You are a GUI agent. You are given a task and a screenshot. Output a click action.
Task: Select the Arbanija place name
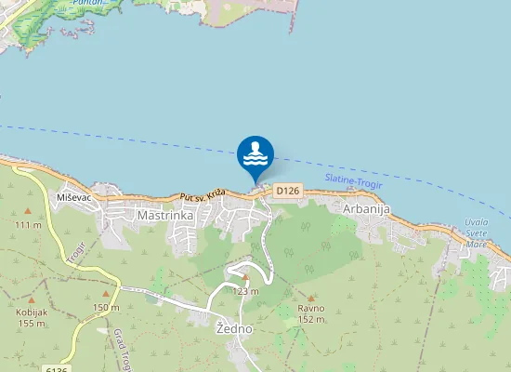[366, 208]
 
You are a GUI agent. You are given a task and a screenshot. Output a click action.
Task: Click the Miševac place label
[73, 198]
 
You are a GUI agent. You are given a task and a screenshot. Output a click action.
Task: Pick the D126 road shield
[288, 191]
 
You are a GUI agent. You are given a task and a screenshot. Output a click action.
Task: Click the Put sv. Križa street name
[203, 196]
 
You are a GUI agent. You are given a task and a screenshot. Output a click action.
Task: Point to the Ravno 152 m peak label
[310, 313]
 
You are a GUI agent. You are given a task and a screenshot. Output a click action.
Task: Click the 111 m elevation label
[29, 225]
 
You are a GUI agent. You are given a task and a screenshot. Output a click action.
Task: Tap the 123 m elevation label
[245, 291]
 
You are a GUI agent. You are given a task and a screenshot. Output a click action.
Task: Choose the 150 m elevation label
[106, 308]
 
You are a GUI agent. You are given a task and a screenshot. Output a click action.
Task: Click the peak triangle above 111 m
[28, 212]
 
